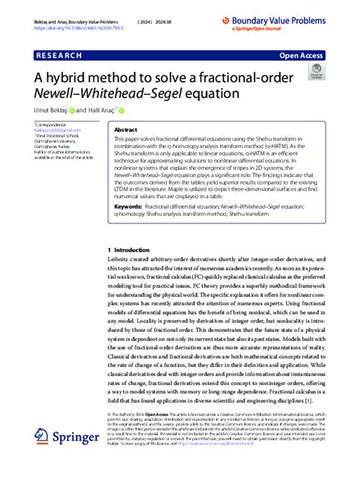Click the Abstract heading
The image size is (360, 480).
pyautogui.click(x=125, y=130)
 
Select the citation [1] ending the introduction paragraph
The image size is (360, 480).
pyautogui.click(x=308, y=400)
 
